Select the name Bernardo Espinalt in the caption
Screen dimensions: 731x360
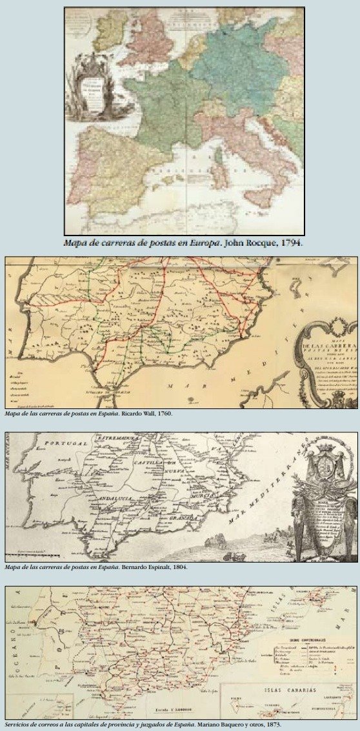pyautogui.click(x=148, y=567)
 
